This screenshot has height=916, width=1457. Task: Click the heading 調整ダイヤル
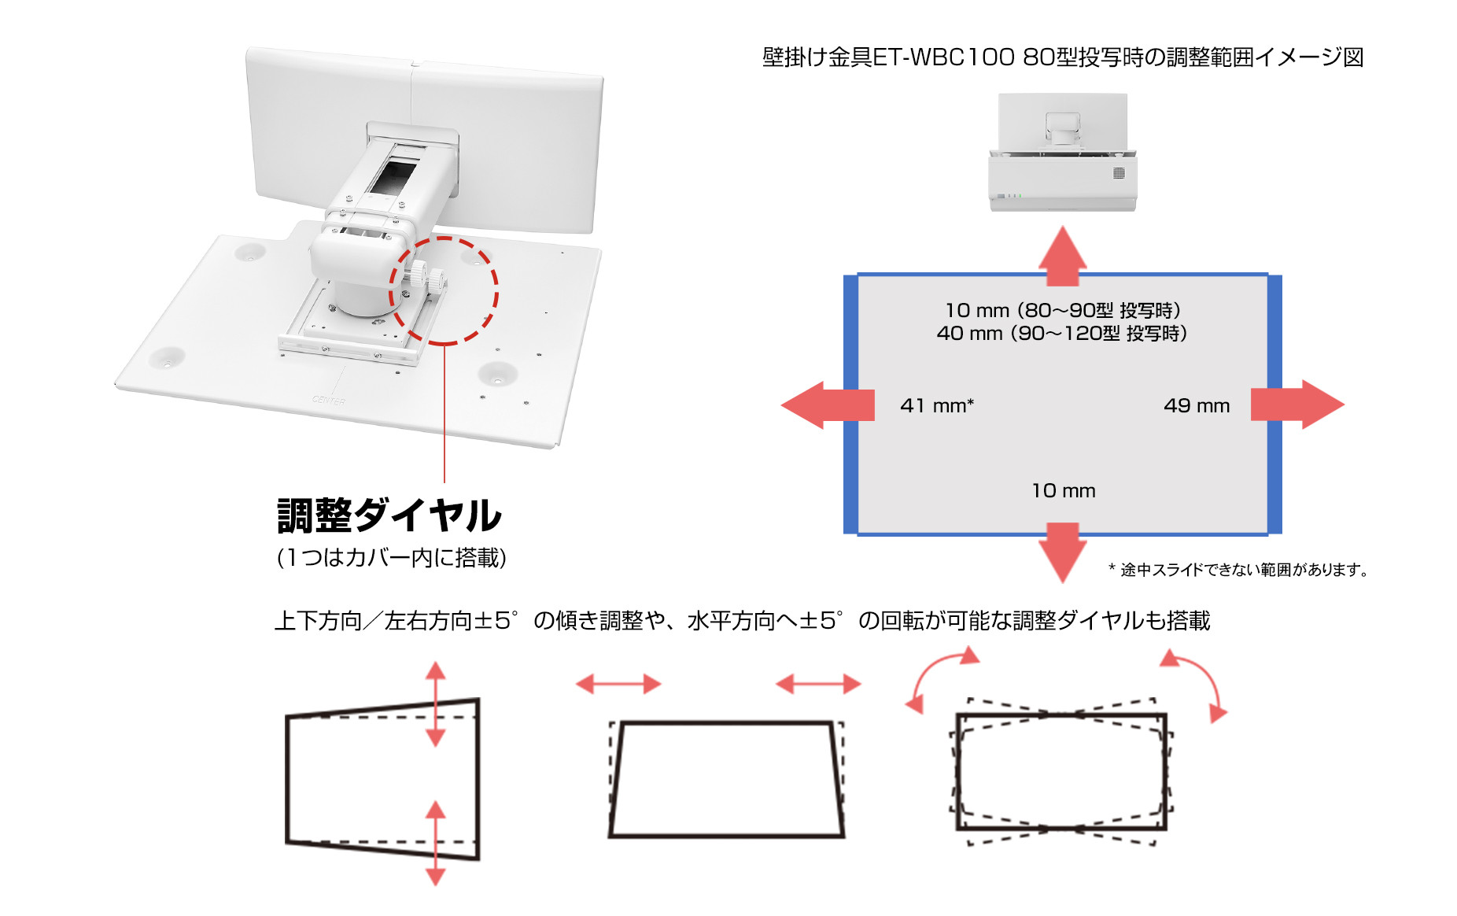(x=389, y=516)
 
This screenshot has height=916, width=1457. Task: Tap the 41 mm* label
(x=937, y=405)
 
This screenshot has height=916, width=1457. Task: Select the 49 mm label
(x=1197, y=405)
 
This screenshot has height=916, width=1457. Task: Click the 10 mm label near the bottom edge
(x=1064, y=490)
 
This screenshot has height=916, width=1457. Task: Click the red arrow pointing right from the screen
(x=1297, y=404)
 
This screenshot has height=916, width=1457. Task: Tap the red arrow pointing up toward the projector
(x=1063, y=256)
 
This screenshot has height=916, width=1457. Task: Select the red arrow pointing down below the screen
(x=1063, y=552)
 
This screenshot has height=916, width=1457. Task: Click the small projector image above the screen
(x=1062, y=152)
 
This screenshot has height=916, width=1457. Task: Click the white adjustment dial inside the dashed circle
(x=426, y=276)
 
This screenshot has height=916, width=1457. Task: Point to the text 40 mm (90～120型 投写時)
(x=1062, y=333)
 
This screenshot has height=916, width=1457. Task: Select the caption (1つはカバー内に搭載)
(x=391, y=557)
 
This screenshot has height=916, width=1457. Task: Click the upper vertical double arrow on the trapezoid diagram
(x=436, y=704)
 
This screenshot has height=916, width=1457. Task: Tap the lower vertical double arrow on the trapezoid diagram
(x=436, y=843)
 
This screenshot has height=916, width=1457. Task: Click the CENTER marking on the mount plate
(x=329, y=401)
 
